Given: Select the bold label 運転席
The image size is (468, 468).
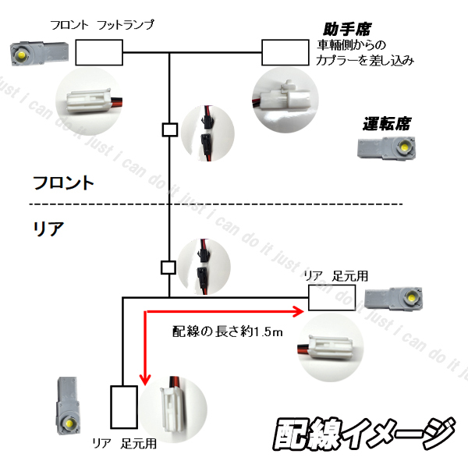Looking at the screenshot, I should click(386, 123).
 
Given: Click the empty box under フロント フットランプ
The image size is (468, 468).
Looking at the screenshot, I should click(99, 53).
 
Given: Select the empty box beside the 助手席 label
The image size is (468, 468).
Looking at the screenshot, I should click(285, 53).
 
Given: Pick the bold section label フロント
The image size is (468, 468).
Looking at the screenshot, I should click(62, 183).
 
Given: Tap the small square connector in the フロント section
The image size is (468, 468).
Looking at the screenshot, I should click(167, 129).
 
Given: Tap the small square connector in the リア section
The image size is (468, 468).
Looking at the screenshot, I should click(167, 268).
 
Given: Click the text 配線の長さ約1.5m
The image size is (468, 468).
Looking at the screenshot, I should click(226, 331).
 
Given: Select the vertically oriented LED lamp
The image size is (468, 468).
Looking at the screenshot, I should click(69, 407).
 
